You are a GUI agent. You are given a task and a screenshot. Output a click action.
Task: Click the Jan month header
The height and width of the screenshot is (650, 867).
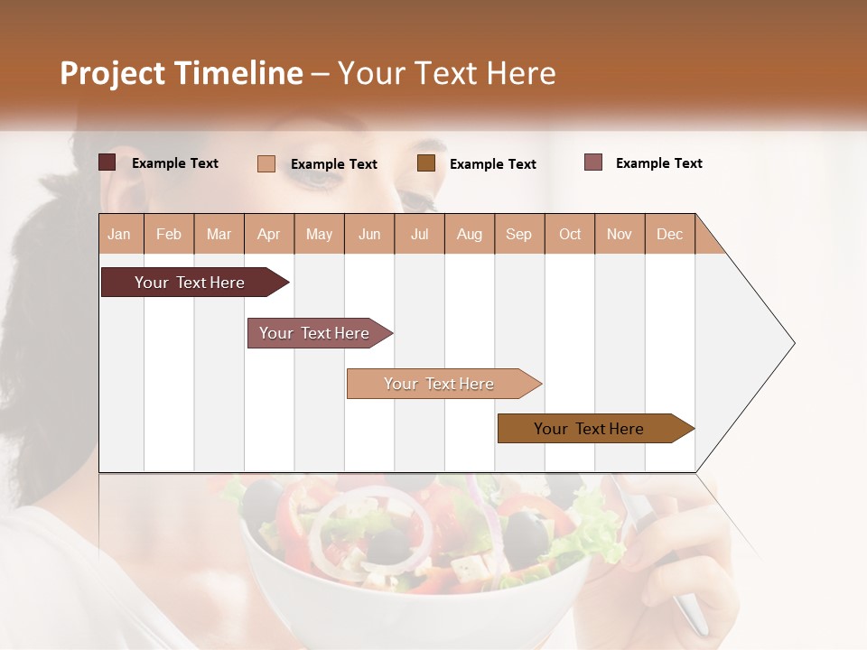tap(120, 234)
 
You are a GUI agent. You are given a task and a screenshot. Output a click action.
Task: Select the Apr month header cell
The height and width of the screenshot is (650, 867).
tap(269, 234)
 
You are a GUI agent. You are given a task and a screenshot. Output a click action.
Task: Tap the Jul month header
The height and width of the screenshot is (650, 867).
tap(419, 234)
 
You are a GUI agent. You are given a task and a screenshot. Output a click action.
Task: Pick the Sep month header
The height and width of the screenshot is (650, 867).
tap(518, 234)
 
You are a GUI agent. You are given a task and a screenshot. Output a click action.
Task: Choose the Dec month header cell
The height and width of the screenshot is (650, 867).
tap(669, 234)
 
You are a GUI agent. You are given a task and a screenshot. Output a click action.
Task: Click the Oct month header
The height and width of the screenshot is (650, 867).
tap(570, 234)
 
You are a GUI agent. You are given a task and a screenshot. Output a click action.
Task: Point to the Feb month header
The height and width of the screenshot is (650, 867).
tap(169, 234)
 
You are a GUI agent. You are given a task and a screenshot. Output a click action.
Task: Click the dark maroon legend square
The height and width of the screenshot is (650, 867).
tap(107, 162)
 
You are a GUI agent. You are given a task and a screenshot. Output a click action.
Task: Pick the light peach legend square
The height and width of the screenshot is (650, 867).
tap(266, 163)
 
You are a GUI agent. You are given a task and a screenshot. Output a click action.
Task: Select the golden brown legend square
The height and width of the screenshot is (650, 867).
tap(426, 163)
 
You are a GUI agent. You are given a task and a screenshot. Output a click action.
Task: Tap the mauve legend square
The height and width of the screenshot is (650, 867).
tap(593, 162)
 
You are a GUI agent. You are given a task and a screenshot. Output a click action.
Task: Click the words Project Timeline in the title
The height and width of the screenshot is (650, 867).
tap(181, 73)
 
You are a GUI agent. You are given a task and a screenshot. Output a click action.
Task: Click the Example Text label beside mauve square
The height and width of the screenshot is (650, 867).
tap(658, 163)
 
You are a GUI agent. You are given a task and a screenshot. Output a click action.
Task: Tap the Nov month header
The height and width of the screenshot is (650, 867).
tap(620, 234)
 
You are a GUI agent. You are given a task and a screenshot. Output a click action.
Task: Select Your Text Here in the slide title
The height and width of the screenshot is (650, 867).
tap(446, 73)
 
